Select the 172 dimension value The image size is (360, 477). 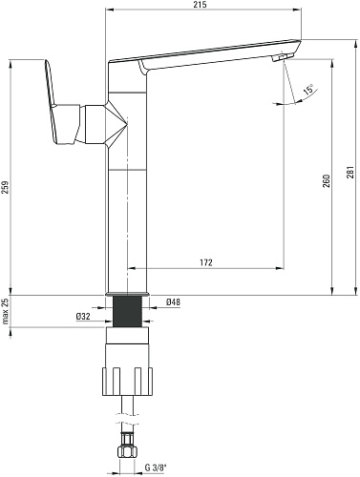pos(206,262)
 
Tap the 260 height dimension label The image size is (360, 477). pos(327,180)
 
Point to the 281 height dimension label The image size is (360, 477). pos(350,172)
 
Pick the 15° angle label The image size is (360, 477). pos(307,90)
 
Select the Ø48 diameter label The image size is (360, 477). pos(173,301)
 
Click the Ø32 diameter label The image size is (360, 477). pos(83,317)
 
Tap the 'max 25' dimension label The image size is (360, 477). pos(6,311)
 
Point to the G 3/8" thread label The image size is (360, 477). pos(156,467)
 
